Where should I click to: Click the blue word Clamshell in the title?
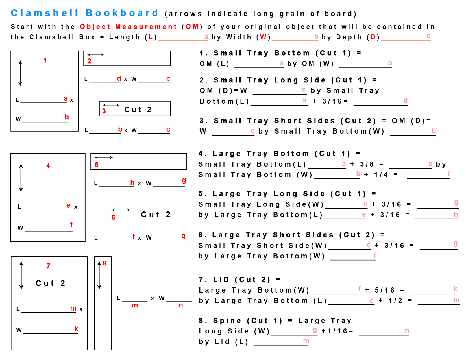coord(45,13)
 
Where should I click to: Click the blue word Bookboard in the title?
coord(122,13)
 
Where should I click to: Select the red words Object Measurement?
coord(128,27)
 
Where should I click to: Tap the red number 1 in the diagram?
coord(45,60)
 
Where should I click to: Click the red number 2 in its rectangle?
coord(89,61)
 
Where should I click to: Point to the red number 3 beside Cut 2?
coord(104,111)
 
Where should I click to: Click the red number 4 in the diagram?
coord(48,166)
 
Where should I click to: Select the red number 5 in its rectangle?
coord(97,165)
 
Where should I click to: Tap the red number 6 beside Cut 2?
coord(114,217)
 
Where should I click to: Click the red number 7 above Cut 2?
coord(48,266)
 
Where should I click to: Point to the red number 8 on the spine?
coord(105,263)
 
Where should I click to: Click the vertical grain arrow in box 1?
coord(20,73)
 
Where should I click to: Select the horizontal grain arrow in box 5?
coord(104,158)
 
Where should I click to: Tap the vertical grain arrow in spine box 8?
coord(99,275)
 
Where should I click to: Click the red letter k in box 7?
coord(76,329)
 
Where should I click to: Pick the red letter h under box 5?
coord(132,182)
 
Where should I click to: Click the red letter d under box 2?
coord(119,78)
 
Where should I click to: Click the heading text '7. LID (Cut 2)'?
coord(234,279)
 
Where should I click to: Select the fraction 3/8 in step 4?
coord(367,164)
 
